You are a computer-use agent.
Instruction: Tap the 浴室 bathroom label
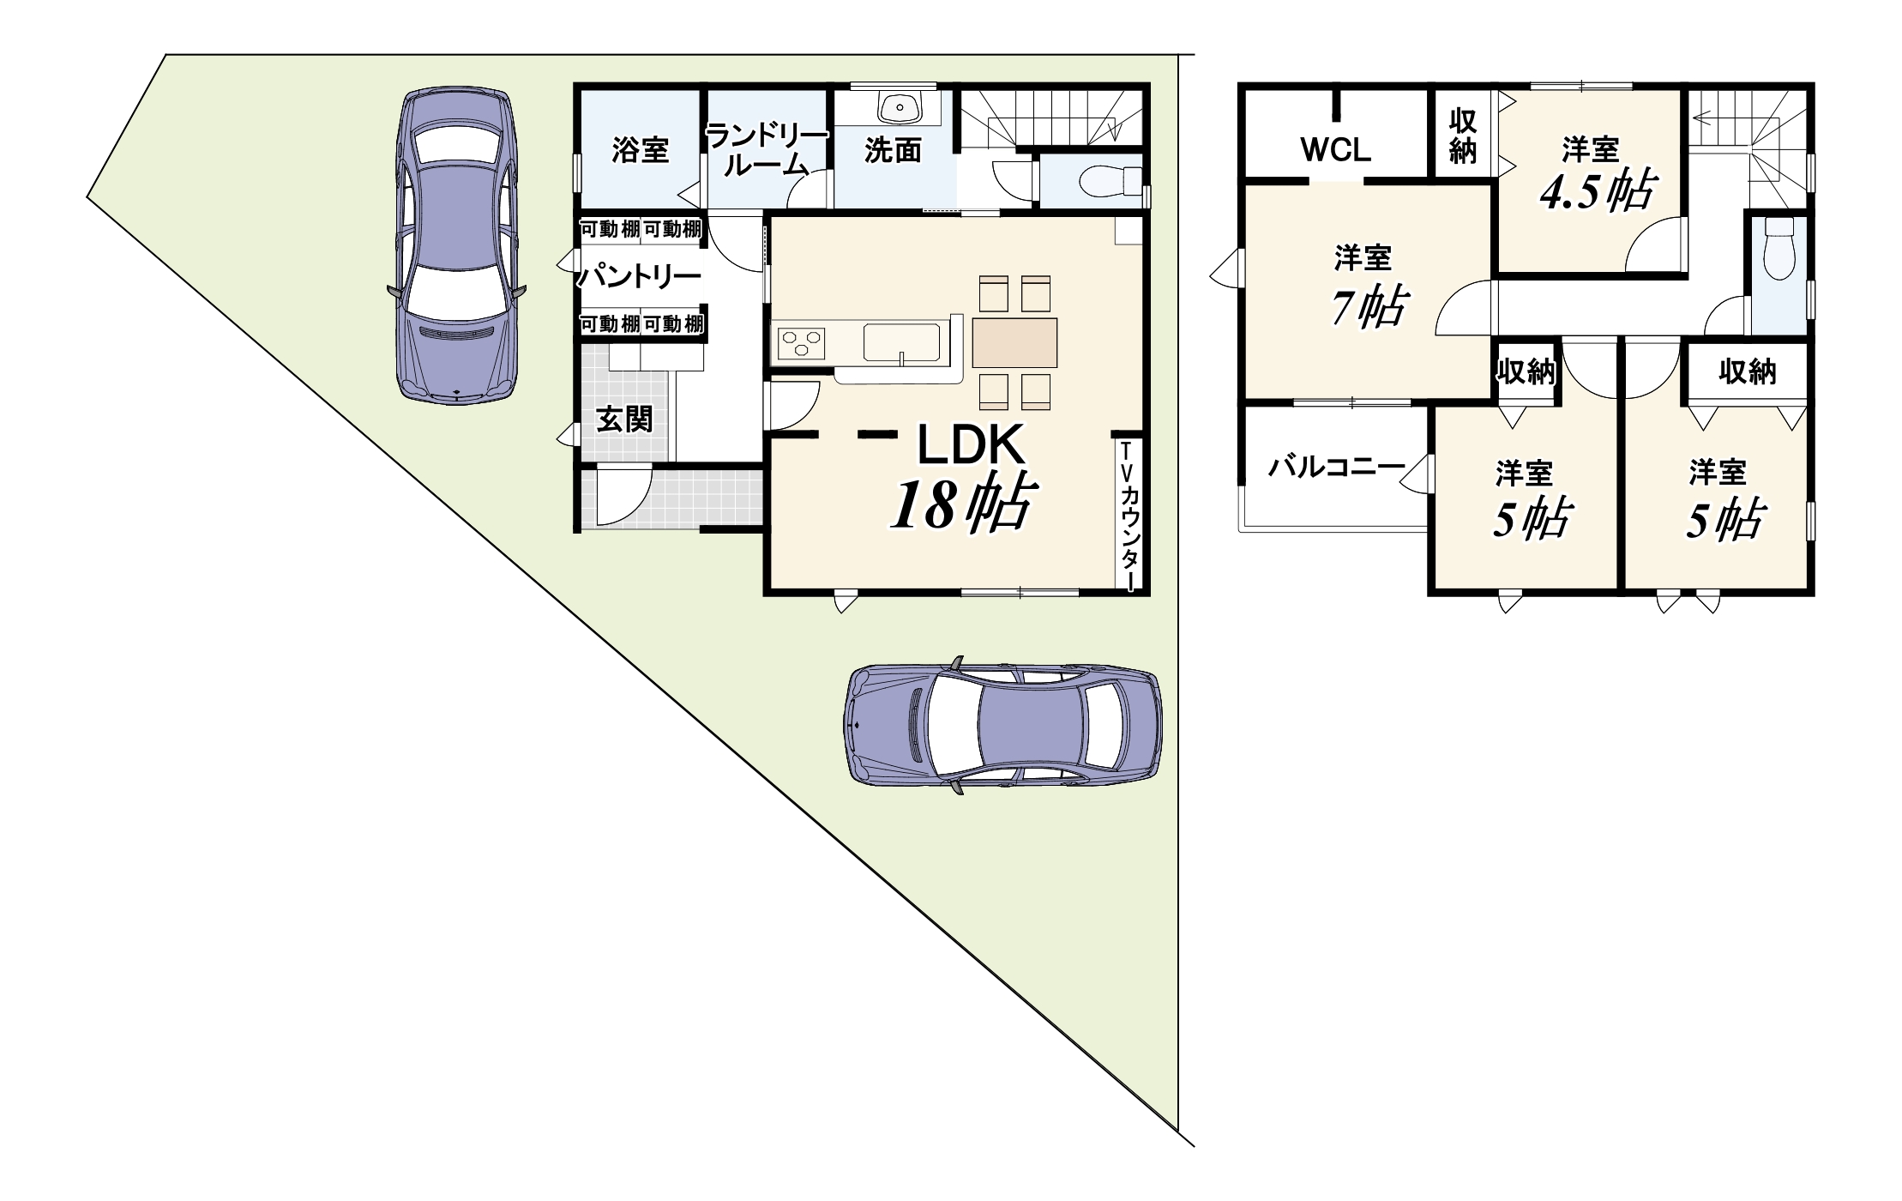coord(641,150)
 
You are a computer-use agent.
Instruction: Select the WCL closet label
coord(1336,150)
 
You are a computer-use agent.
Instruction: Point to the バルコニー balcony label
coord(1337,468)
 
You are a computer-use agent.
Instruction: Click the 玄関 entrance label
coord(624,419)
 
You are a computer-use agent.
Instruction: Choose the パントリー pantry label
coord(639,277)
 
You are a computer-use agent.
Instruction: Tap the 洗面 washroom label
coord(893,151)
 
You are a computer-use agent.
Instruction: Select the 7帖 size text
coord(1369,306)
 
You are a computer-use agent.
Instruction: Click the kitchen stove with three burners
coord(800,345)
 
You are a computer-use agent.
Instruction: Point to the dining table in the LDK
coord(1014,342)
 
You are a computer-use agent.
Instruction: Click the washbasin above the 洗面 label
coord(900,107)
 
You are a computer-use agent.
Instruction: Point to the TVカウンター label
coord(1129,515)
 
